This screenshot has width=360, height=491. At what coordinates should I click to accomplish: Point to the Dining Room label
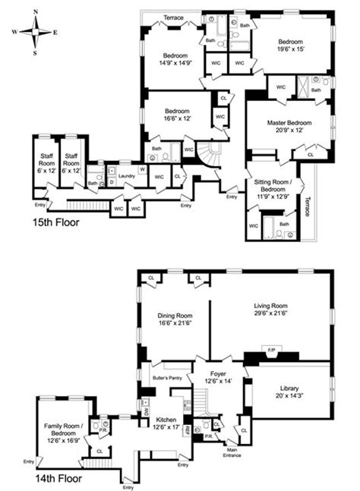coord(175,318)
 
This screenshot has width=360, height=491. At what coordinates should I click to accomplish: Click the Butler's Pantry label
coord(164,377)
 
